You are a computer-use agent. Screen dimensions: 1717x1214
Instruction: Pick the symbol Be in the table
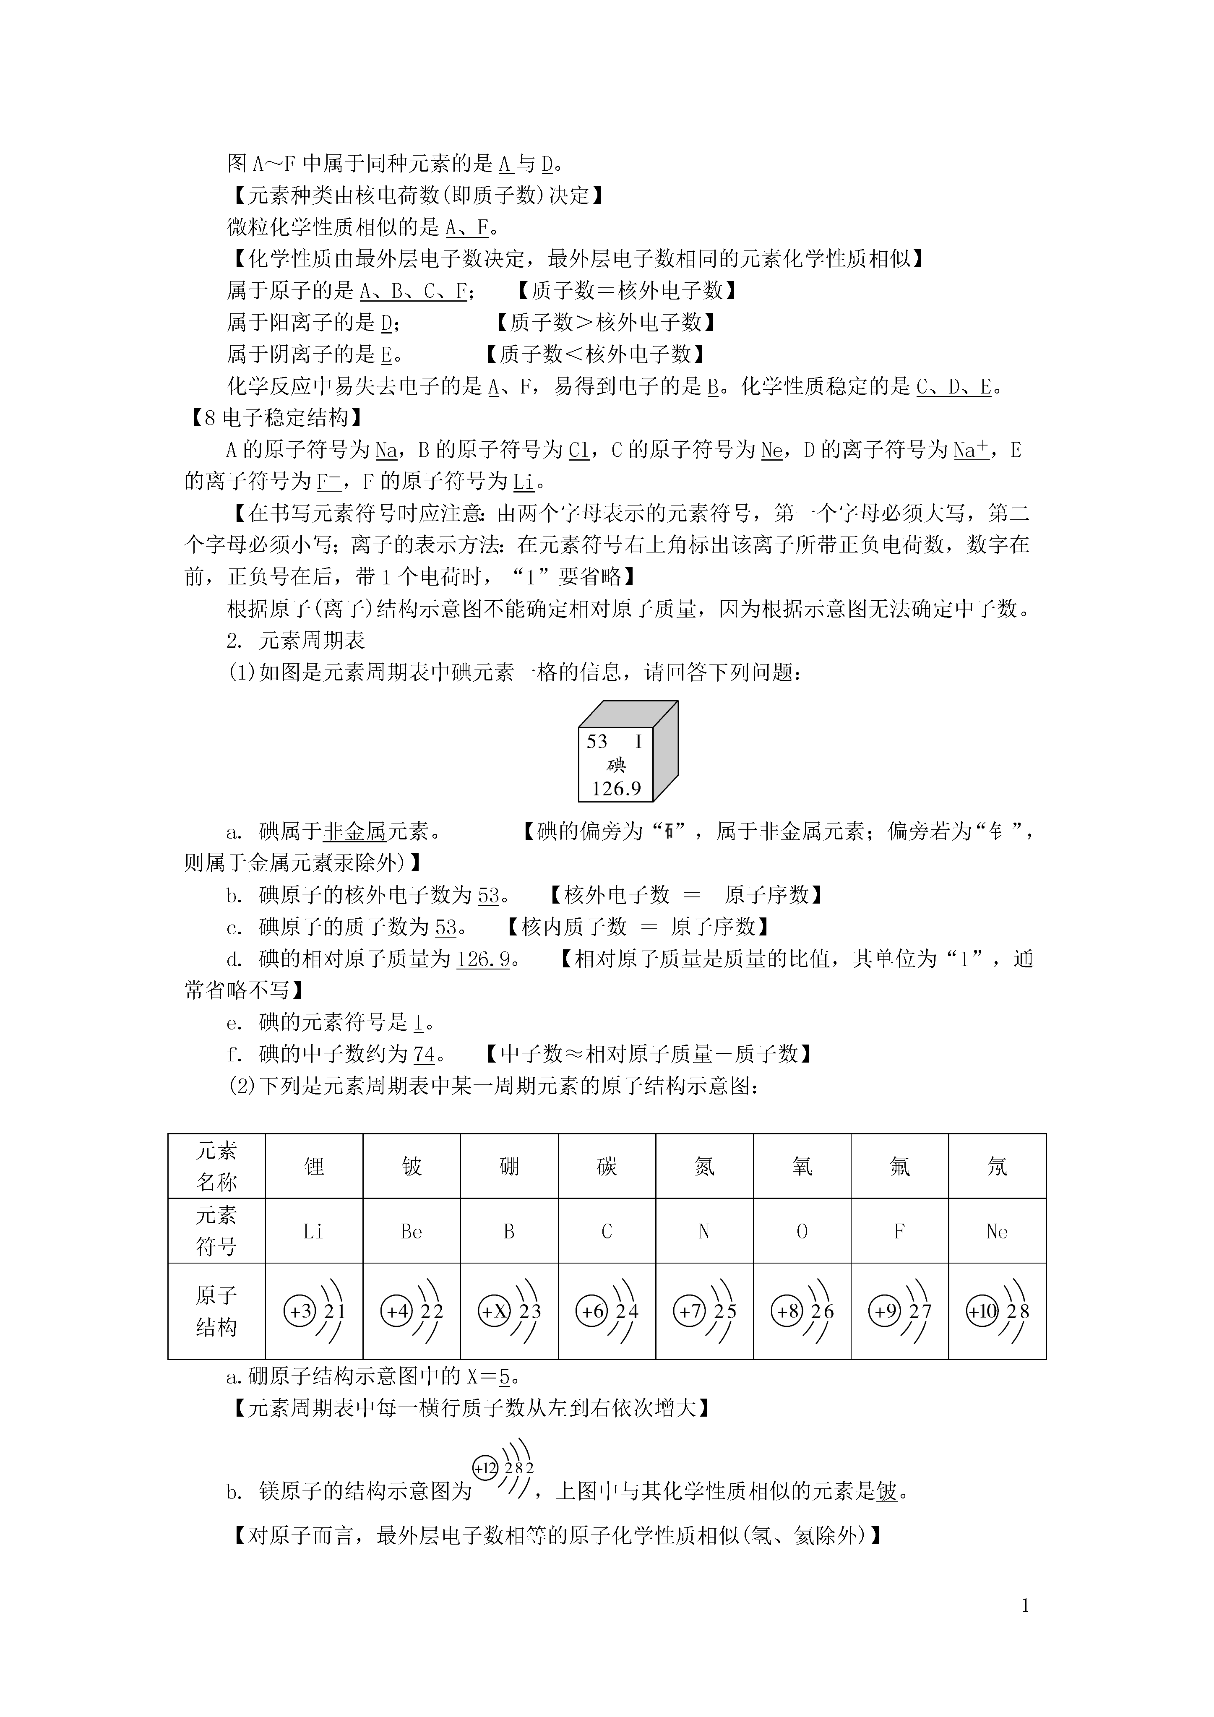point(412,1232)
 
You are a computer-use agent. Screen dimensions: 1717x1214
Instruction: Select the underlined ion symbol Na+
point(971,449)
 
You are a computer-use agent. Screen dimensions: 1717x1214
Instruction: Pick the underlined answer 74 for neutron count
point(424,1055)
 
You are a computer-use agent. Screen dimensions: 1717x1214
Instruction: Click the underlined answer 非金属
point(354,831)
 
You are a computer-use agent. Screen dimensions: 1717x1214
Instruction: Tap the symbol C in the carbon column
point(607,1232)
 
